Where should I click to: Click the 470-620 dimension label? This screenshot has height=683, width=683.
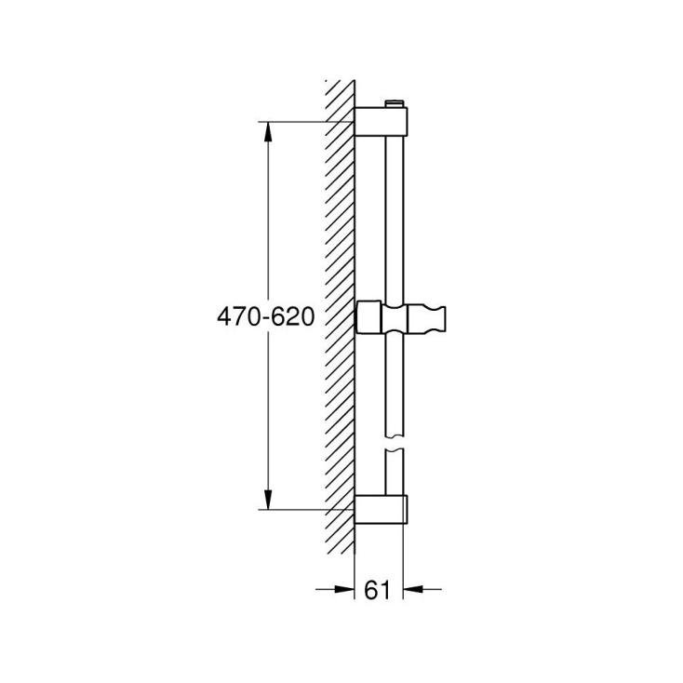click(x=266, y=316)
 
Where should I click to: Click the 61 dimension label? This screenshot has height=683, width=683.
click(x=377, y=590)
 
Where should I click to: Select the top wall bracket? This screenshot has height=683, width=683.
click(x=382, y=122)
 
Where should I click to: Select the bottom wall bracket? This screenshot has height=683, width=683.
click(x=382, y=509)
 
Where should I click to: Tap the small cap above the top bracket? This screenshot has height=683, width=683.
click(x=395, y=103)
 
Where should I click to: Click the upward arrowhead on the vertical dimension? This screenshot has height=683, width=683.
click(x=268, y=131)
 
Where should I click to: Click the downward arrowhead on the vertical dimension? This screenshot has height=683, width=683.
click(x=268, y=500)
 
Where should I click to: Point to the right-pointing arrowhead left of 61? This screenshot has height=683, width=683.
click(x=344, y=589)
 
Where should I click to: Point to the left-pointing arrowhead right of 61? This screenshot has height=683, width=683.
click(x=413, y=589)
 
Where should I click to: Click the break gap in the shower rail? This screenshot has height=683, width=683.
click(x=395, y=442)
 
